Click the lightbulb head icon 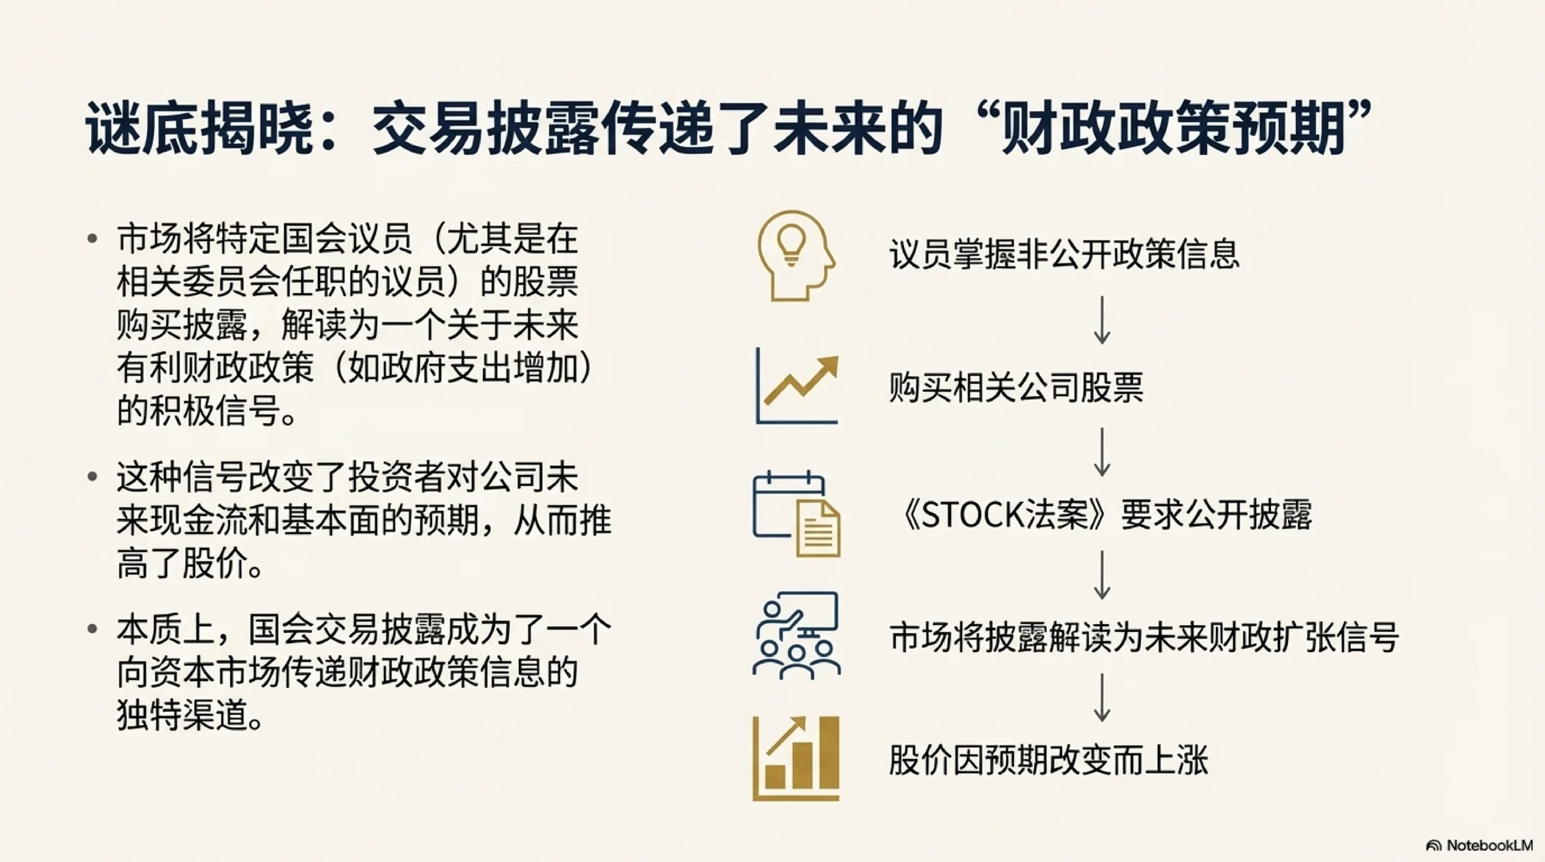[x=795, y=255]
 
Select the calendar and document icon [x=797, y=514]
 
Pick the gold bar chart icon [x=796, y=758]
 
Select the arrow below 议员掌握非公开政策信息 [x=1102, y=320]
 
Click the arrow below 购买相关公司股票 [x=1102, y=452]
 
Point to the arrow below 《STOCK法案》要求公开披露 [x=1102, y=575]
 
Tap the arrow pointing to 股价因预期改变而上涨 [x=1102, y=698]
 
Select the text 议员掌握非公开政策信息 [x=1064, y=255]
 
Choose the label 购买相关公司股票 [x=1016, y=388]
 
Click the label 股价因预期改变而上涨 [x=1048, y=760]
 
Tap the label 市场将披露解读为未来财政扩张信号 [x=1143, y=638]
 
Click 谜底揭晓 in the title [x=200, y=128]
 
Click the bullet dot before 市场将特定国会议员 [x=93, y=238]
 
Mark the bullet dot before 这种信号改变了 [x=93, y=476]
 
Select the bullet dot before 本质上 [x=93, y=629]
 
